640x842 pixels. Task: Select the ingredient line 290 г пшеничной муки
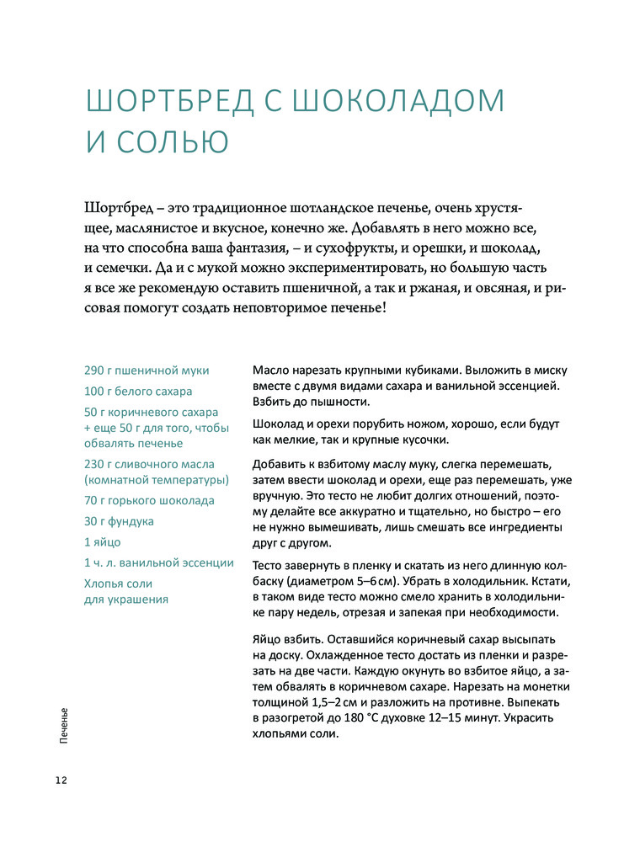(x=147, y=370)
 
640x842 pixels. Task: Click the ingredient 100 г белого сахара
(x=138, y=392)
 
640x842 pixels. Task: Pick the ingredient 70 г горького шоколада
(x=150, y=500)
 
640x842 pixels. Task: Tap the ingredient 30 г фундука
(x=119, y=521)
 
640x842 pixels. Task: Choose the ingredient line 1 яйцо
(x=103, y=541)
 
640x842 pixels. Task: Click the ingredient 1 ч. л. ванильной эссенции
(x=159, y=562)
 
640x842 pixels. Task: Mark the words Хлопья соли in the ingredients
(x=118, y=583)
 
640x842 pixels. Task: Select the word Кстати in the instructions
(x=551, y=583)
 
